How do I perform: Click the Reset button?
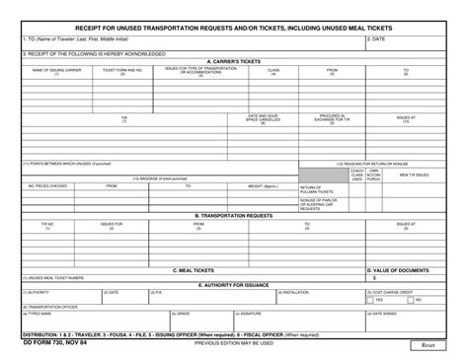(x=429, y=346)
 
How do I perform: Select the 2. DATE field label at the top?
(x=376, y=39)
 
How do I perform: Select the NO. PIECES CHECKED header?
(x=47, y=185)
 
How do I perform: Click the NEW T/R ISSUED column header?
(x=415, y=175)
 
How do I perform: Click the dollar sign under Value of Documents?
(x=374, y=278)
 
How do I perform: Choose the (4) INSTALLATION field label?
(x=295, y=293)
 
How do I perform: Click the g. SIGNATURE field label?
(x=248, y=314)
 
